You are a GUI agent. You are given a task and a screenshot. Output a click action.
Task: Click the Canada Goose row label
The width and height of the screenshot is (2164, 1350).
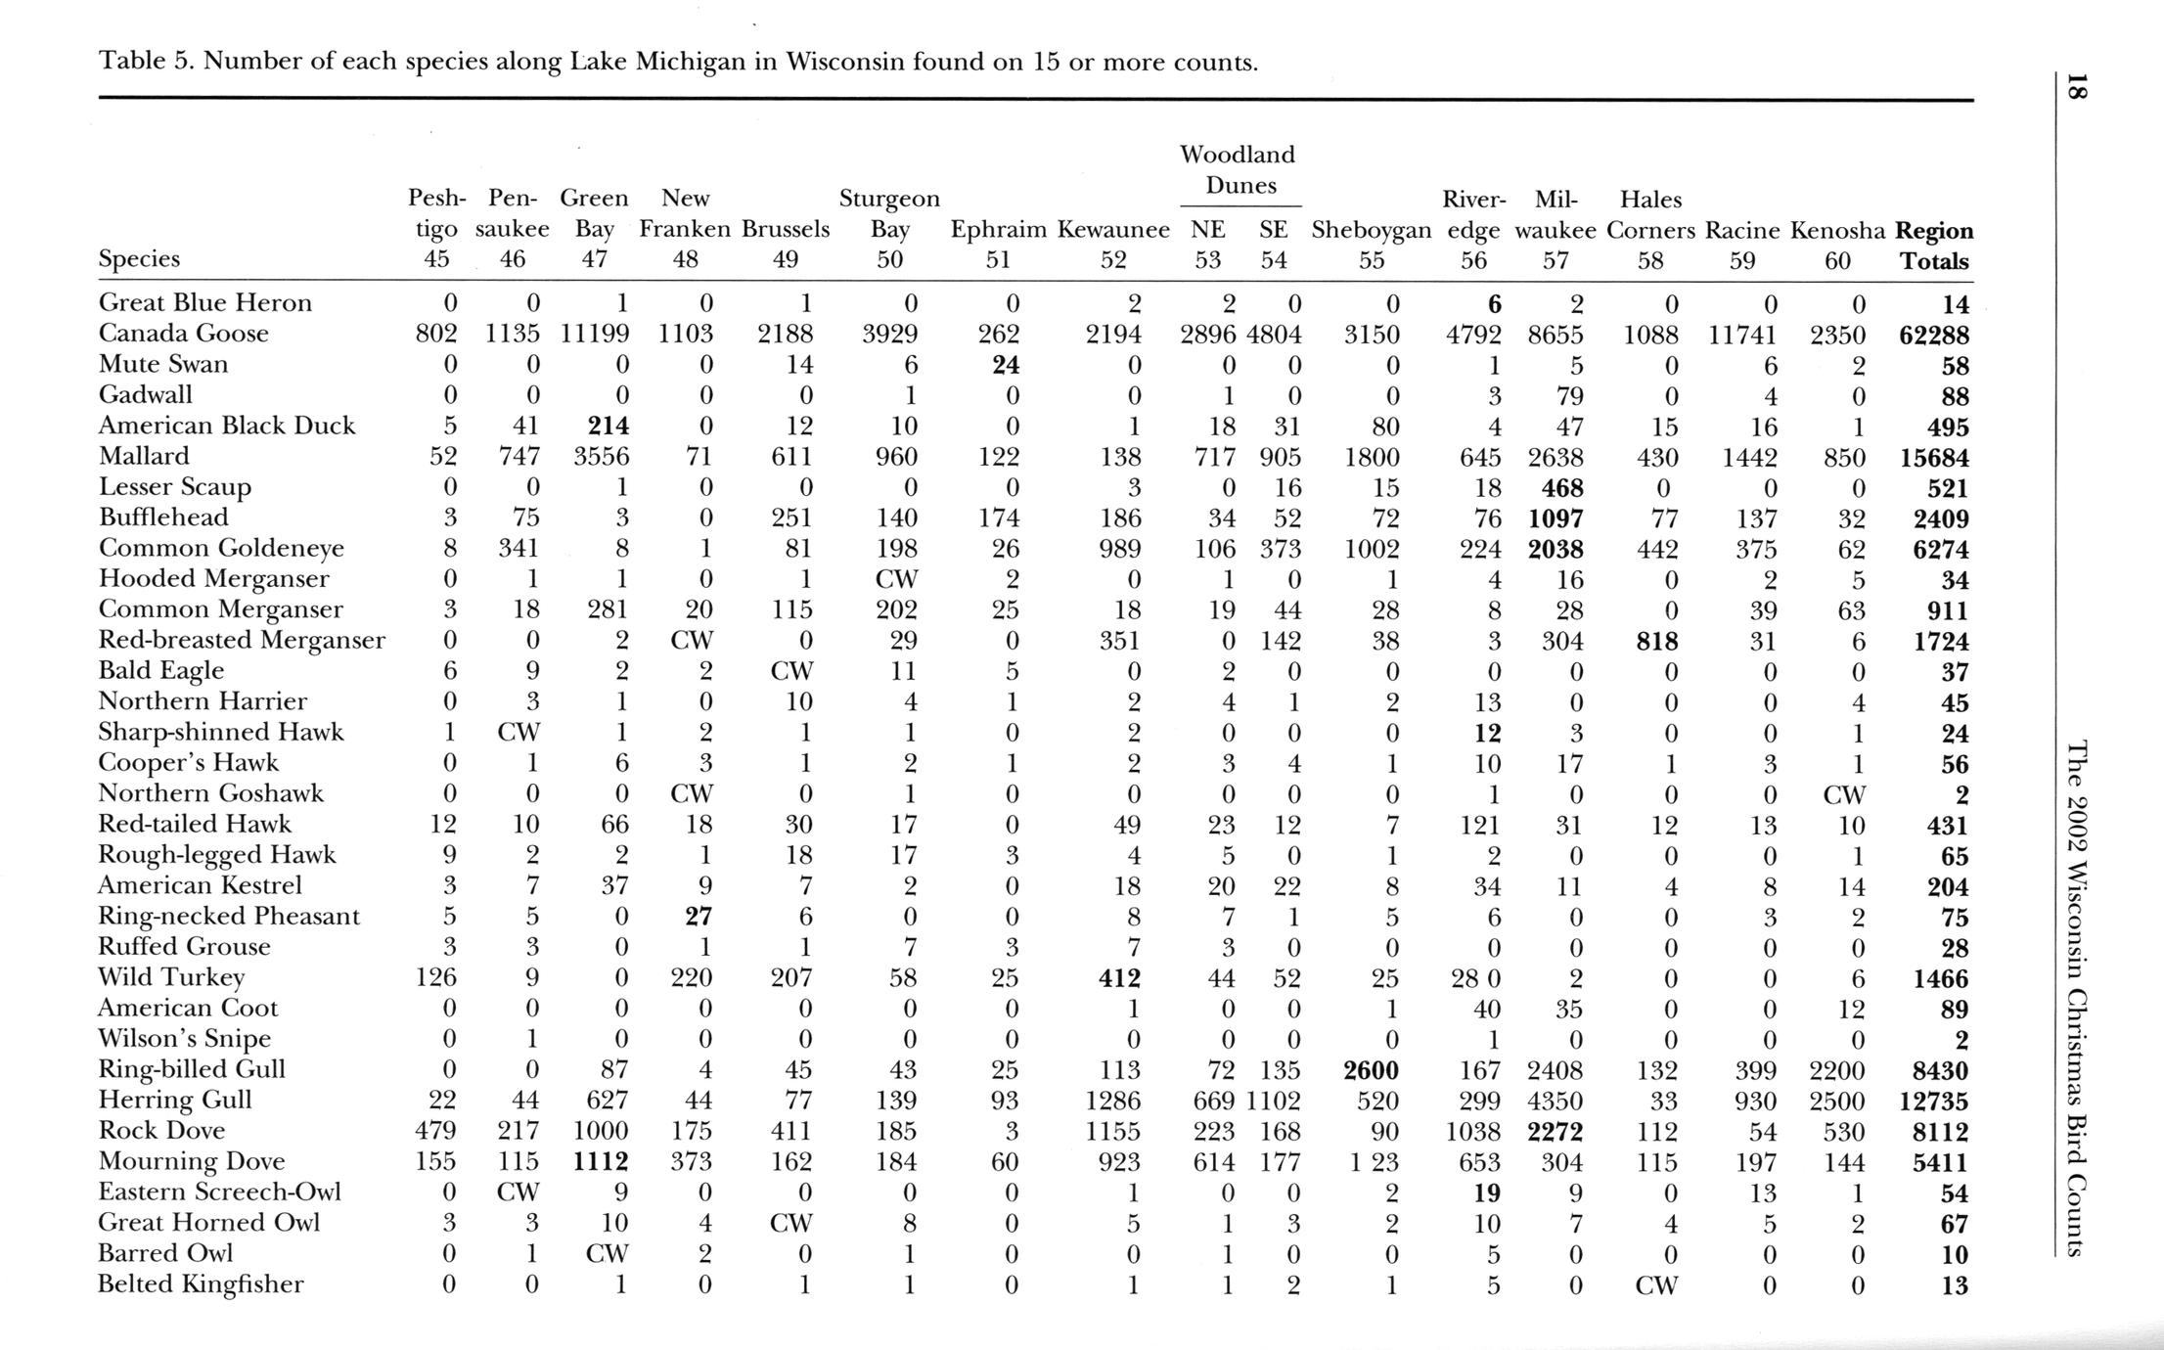point(183,334)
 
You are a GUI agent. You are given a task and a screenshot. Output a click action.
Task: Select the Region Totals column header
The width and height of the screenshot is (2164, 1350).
point(1933,246)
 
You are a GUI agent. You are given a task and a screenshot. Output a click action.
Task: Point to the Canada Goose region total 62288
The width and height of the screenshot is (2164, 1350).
point(1933,335)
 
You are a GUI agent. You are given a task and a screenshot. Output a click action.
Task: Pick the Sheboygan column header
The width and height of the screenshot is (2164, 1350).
point(1371,231)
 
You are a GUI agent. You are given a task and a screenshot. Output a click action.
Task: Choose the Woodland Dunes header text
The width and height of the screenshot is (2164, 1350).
point(1238,169)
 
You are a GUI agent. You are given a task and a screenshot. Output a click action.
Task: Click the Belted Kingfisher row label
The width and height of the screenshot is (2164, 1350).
point(201,1283)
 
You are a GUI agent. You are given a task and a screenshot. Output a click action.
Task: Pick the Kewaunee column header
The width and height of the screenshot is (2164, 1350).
point(1113,231)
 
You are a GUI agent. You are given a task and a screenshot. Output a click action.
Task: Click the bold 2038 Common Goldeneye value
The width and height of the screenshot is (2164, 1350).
point(1555,549)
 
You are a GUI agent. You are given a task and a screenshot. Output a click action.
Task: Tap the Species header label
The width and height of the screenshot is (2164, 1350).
point(139,259)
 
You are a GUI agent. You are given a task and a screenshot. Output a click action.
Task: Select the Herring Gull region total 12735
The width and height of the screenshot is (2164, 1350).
point(1933,1101)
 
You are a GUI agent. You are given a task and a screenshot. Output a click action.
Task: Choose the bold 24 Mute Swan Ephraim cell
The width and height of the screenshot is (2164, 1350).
point(1006,365)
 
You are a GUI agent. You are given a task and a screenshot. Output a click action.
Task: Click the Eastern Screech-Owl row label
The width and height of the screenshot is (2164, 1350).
point(219,1192)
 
